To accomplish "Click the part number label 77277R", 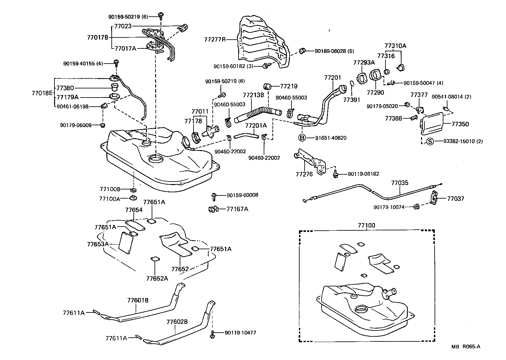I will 215,40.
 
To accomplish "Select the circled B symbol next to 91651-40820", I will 302,138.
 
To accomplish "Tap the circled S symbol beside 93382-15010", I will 430,141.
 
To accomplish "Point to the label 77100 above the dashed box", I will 366,226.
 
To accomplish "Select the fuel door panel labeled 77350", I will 432,124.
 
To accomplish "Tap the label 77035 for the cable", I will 400,183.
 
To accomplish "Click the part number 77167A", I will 237,209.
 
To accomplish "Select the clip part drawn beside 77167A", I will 213,209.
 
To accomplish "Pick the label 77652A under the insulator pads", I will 157,278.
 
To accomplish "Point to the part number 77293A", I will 364,63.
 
